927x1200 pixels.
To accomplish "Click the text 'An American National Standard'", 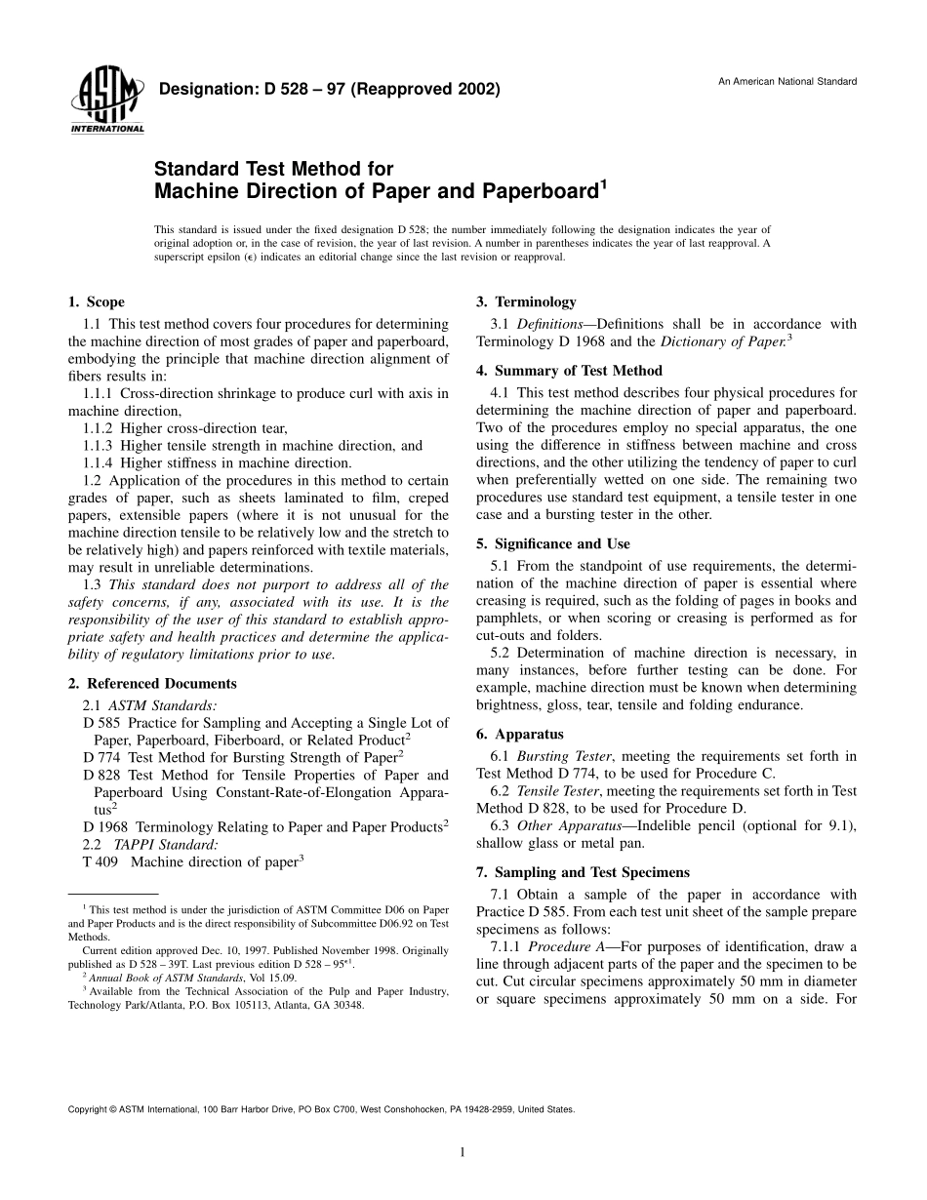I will pyautogui.click(x=787, y=81).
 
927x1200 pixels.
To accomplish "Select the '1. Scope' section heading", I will pyautogui.click(x=96, y=302).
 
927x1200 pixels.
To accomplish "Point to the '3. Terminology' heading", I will pyautogui.click(x=526, y=302).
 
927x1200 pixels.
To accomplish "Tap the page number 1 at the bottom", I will pyautogui.click(x=463, y=1152).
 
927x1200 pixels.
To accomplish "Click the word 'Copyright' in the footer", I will pyautogui.click(x=87, y=1109).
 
